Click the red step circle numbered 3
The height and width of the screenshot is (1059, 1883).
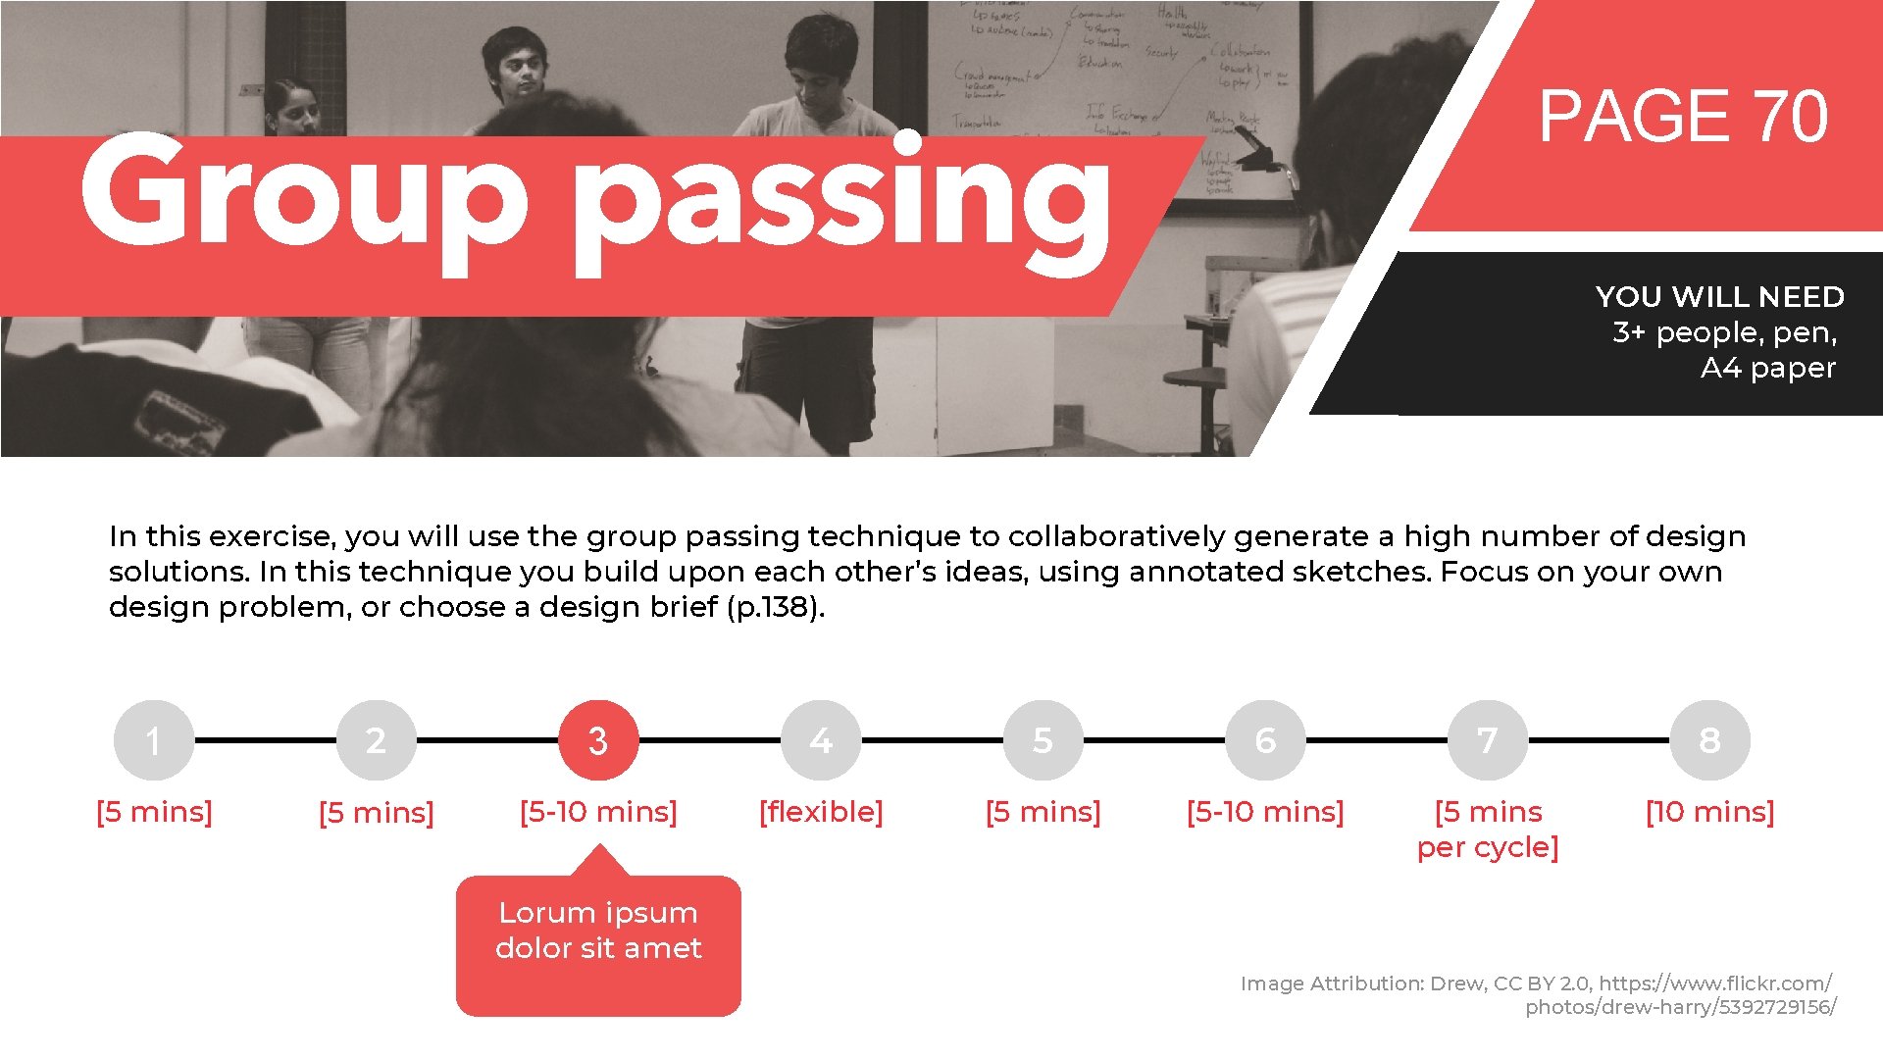[598, 740]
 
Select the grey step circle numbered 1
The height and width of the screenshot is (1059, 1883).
[154, 740]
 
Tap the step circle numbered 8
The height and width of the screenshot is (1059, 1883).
[1709, 740]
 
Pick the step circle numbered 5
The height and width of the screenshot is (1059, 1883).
[1043, 740]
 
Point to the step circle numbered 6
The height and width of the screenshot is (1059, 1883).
[1265, 740]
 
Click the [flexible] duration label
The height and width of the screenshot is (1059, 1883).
[821, 812]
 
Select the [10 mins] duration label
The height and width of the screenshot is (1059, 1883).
[1709, 812]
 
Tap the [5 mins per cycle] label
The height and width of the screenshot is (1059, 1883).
[1488, 830]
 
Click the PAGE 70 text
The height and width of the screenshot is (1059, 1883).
[1683, 117]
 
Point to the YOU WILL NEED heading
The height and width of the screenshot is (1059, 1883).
[1719, 296]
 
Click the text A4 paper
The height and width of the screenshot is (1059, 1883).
[1767, 368]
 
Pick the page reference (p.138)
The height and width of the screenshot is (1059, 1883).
[775, 607]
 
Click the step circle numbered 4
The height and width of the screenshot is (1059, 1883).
[821, 740]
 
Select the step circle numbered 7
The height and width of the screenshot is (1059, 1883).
[1488, 740]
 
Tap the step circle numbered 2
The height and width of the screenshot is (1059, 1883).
[376, 740]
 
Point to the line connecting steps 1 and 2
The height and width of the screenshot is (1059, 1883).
[265, 740]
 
